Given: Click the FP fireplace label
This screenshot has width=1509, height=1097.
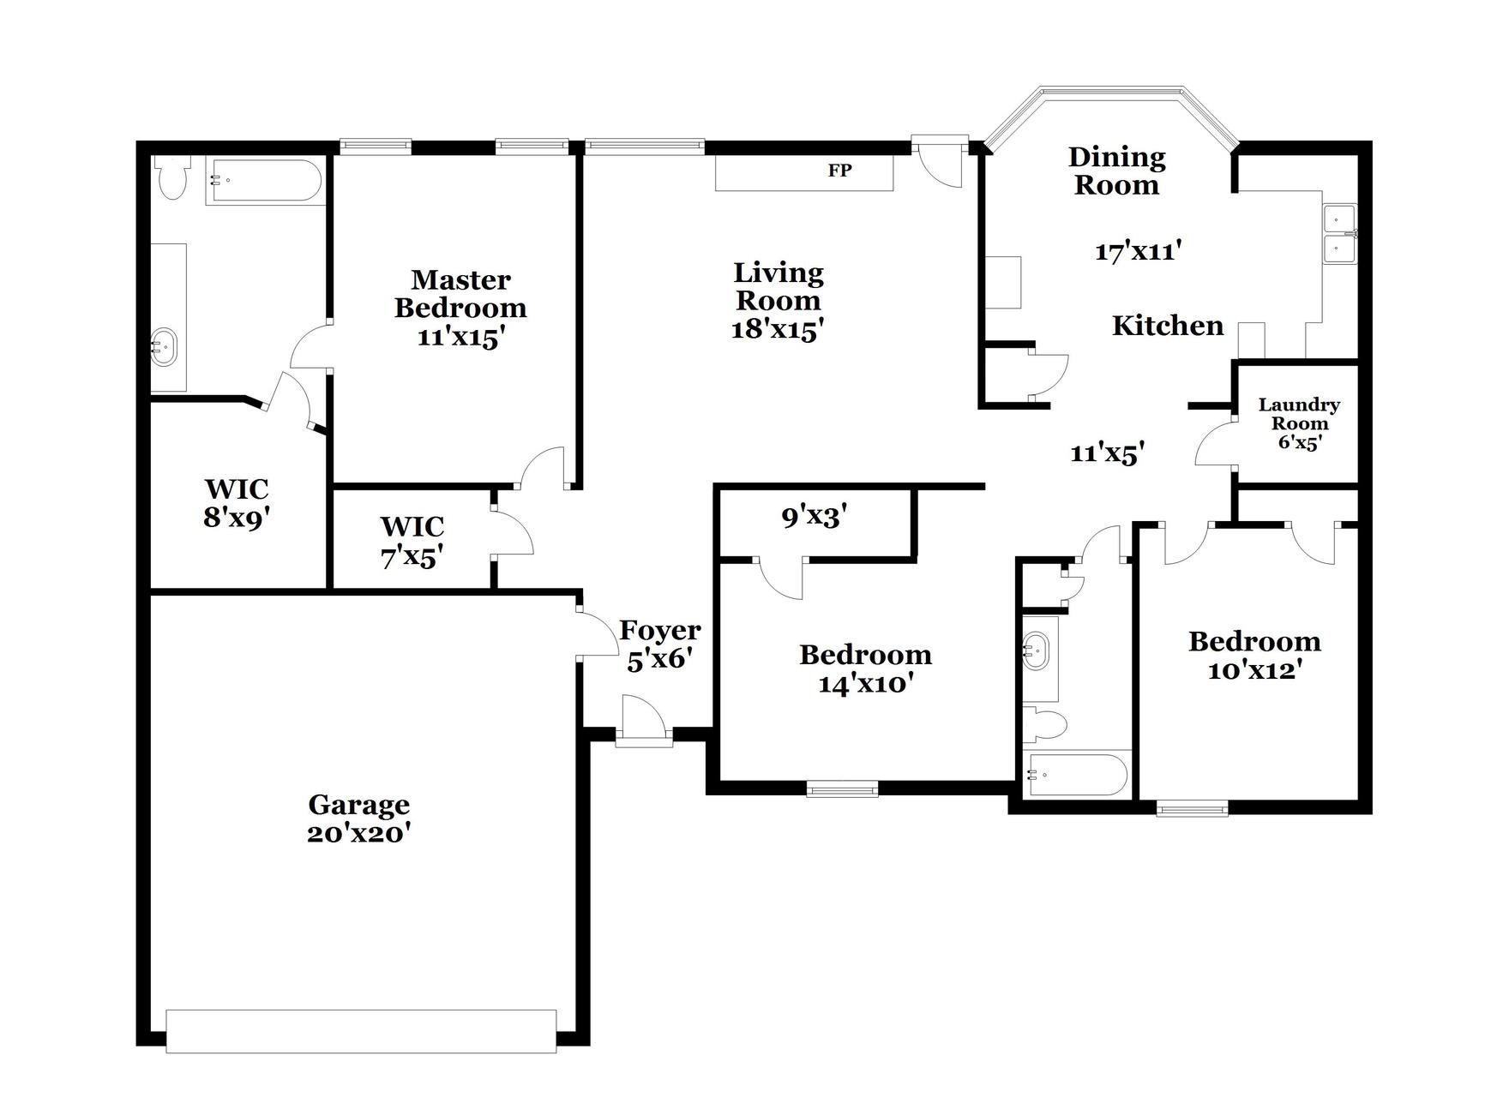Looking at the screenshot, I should (x=839, y=171).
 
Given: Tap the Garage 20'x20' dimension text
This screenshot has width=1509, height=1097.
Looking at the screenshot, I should (x=358, y=833).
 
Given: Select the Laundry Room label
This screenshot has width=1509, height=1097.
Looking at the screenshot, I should (x=1298, y=414).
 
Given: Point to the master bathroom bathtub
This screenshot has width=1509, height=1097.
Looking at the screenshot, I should (x=264, y=181).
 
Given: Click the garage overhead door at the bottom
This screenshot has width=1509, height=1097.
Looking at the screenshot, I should (x=361, y=1031).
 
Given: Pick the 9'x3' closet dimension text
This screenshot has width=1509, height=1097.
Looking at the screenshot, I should (x=814, y=517).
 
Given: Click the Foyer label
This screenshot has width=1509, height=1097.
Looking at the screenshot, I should (x=659, y=630).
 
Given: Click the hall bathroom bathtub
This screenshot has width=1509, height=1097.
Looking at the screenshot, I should (x=1077, y=776).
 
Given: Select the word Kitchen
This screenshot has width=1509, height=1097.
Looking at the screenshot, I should (x=1167, y=326).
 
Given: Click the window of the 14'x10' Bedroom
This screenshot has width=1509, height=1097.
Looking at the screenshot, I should (x=842, y=788).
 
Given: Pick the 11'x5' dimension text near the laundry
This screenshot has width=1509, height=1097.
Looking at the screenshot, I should (x=1108, y=453).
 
